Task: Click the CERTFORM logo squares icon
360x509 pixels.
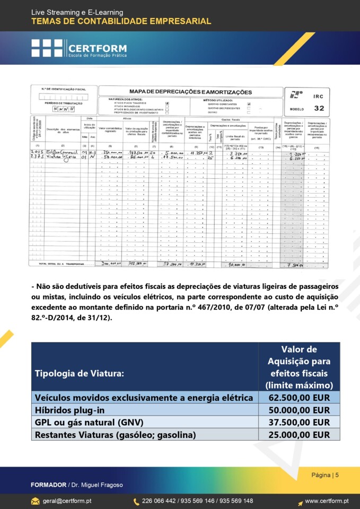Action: tap(47, 48)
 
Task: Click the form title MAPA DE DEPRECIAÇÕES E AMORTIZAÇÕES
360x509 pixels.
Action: tap(191, 92)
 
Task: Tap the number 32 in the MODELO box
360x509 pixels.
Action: tap(319, 108)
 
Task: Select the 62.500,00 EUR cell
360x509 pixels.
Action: tap(299, 398)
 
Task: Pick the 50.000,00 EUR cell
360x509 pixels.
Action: tap(299, 410)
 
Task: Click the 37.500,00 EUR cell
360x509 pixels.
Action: tap(299, 422)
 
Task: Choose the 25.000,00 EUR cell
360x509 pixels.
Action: tap(299, 435)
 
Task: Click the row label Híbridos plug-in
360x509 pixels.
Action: tap(72, 410)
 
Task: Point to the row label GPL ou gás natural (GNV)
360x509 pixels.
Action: tap(89, 422)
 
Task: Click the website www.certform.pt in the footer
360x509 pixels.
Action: tap(326, 501)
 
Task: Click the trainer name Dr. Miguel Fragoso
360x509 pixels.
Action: tap(100, 485)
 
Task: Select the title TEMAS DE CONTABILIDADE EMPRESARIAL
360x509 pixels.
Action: tap(121, 21)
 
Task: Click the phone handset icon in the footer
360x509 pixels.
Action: tap(136, 501)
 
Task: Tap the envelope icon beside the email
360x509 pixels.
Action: tap(36, 501)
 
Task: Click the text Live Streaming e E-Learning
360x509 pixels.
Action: tap(77, 12)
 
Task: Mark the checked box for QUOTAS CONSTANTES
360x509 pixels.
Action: tap(249, 104)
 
